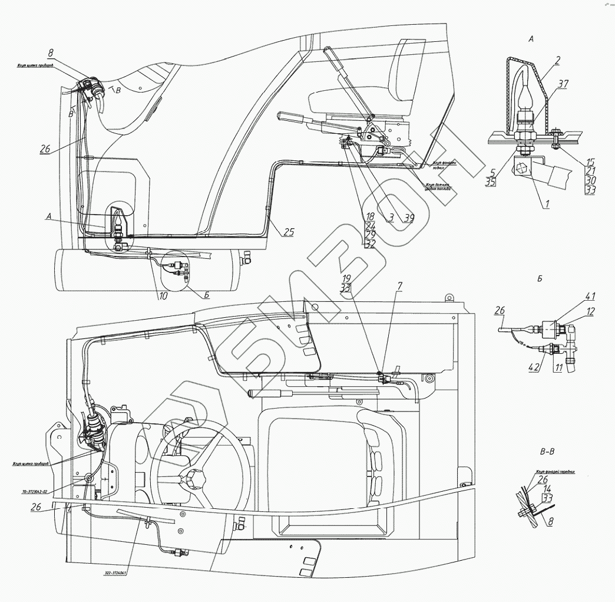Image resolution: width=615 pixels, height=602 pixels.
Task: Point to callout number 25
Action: (x=287, y=232)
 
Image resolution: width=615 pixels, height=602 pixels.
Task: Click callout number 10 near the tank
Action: (x=161, y=295)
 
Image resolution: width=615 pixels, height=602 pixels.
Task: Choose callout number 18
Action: (x=370, y=216)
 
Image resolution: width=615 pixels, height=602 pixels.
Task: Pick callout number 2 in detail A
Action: (x=557, y=60)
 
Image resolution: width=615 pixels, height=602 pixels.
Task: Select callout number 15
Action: (x=591, y=162)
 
